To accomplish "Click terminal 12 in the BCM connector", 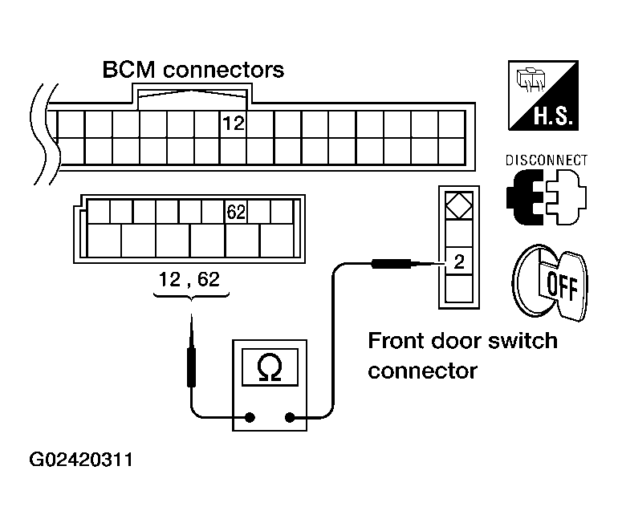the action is point(234,124).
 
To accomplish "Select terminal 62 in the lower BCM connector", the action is point(236,212).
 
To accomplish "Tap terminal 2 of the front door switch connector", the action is point(459,261).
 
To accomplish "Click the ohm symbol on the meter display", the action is point(270,367).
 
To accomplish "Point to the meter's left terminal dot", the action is point(250,417).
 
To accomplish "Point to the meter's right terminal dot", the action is point(290,417).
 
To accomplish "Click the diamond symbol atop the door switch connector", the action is point(459,205).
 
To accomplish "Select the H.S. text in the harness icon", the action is point(553,116).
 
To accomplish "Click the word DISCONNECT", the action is point(547,160).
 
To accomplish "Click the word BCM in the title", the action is point(128,70).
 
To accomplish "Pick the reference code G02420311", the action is point(81,460).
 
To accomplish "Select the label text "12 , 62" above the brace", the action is point(189,279).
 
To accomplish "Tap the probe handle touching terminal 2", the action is point(392,264).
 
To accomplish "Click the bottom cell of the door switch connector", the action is point(459,289).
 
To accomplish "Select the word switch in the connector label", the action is point(522,341).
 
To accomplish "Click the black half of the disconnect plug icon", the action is point(523,197).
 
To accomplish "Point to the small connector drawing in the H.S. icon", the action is point(531,79).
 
